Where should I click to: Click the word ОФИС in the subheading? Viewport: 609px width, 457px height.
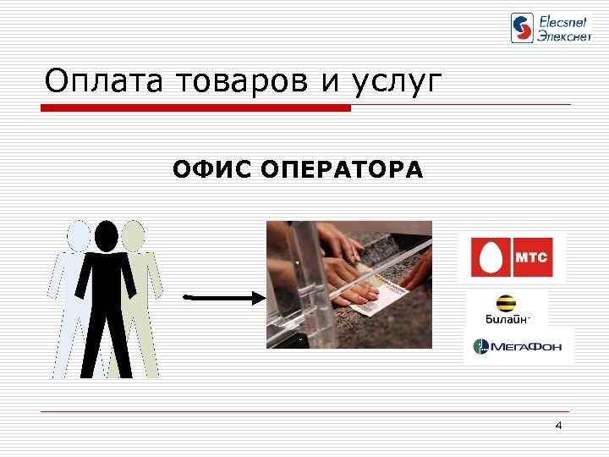point(212,170)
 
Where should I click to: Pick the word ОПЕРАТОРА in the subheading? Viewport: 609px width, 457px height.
point(343,170)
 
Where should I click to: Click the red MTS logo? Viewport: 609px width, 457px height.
point(512,257)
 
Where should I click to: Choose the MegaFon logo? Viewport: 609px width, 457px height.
point(518,345)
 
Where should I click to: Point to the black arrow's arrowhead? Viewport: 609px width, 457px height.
point(259,297)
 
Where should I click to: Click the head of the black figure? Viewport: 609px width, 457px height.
point(107,235)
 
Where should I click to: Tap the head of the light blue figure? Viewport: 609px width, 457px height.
point(80,234)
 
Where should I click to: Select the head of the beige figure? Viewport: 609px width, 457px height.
point(133,234)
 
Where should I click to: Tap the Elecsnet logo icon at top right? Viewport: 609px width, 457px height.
point(523,28)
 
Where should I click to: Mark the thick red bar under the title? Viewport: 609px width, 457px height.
point(195,108)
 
